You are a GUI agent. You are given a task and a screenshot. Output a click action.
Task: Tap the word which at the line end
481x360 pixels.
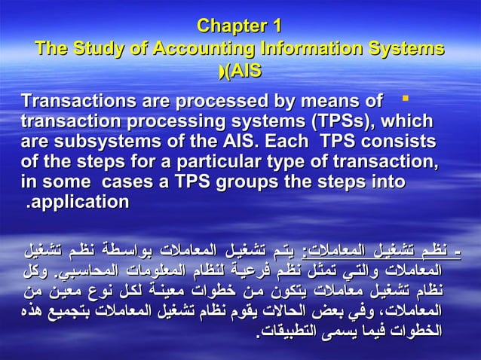(x=410, y=121)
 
